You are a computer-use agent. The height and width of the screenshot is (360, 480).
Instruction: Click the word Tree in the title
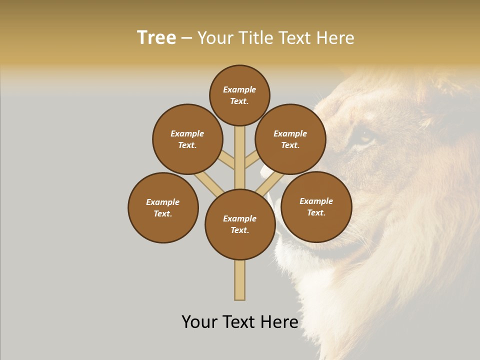click(x=156, y=38)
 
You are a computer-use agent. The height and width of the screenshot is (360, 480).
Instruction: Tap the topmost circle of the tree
click(x=239, y=95)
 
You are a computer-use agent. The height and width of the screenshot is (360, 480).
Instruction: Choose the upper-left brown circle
click(x=187, y=139)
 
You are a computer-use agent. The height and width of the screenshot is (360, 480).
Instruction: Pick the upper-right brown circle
click(x=290, y=139)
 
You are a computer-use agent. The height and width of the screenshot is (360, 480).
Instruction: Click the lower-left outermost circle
click(x=163, y=207)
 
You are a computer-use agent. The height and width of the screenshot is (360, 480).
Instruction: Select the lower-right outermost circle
click(x=316, y=206)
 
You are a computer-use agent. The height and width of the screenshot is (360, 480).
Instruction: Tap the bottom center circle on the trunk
click(x=240, y=224)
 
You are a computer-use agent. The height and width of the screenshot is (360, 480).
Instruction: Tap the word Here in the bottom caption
click(x=280, y=322)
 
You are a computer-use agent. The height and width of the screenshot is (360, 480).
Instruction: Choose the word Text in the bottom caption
click(x=240, y=322)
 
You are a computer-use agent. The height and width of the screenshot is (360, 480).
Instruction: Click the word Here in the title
click(x=335, y=38)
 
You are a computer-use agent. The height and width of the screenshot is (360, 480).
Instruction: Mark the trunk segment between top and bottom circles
click(x=240, y=157)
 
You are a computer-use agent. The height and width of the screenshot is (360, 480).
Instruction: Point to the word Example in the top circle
click(x=239, y=89)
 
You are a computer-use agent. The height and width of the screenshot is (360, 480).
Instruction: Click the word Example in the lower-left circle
click(x=163, y=202)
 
